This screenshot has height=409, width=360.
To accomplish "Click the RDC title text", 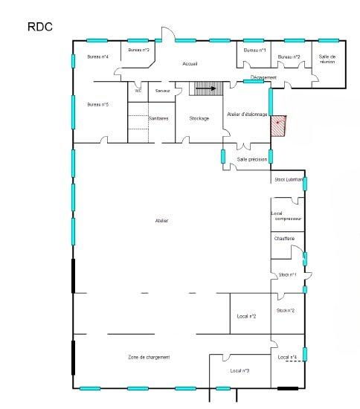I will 40,27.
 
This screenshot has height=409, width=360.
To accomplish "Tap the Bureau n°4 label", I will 98,57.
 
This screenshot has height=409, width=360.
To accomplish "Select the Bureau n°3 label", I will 139,50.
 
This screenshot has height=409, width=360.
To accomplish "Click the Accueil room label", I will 190,64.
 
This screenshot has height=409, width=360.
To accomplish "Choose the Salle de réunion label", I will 327,59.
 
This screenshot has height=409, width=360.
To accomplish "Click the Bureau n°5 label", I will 98,104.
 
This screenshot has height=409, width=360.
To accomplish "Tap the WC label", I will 138,91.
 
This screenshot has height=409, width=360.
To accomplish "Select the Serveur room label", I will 163,91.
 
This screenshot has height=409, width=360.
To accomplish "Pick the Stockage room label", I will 199,118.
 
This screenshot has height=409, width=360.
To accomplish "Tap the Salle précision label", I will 251,159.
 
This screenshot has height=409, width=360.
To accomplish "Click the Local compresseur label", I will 286,216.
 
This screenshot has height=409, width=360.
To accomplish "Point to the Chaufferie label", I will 284,238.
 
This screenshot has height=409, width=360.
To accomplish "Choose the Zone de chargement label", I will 149,357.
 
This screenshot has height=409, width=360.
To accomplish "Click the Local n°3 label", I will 240,370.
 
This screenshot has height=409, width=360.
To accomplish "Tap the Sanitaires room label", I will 158,118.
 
